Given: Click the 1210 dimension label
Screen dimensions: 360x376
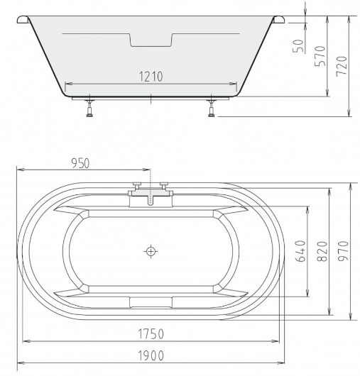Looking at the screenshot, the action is click(151, 77).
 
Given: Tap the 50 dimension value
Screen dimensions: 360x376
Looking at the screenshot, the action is click(298, 46).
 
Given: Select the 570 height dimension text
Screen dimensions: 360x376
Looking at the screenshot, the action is click(320, 56).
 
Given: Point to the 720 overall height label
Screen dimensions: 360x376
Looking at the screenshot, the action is click(342, 67).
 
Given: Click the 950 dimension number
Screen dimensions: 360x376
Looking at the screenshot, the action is click(80, 163).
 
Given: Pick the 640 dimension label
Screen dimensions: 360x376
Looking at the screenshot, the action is click(300, 251).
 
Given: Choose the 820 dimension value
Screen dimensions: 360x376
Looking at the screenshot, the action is click(322, 251).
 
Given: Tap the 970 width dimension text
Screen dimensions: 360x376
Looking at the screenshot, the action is click(343, 251).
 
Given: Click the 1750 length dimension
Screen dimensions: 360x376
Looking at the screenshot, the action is click(151, 333).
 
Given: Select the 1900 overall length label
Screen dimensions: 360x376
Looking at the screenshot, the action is click(151, 355).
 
